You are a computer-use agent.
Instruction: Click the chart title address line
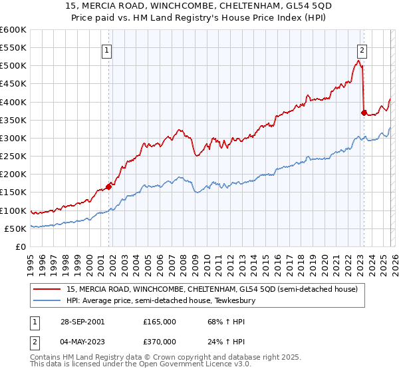click(200, 5)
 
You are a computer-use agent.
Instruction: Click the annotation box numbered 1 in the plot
click(107, 49)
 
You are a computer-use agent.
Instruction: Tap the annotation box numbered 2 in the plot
click(362, 49)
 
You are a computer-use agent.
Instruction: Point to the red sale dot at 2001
click(109, 186)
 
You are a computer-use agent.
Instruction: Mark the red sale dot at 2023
click(364, 113)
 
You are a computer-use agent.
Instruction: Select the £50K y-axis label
click(15, 228)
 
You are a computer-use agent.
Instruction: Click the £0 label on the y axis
click(20, 246)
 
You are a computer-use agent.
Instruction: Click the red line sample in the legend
click(48, 289)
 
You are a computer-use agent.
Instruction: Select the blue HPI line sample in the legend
click(48, 300)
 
